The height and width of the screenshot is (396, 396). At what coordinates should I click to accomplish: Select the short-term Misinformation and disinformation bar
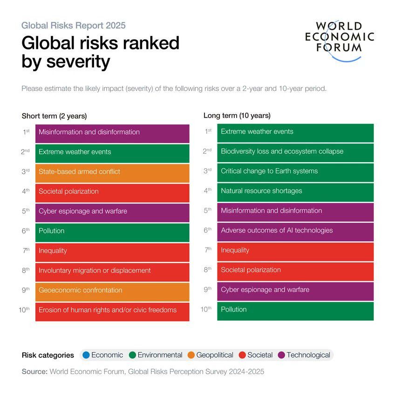112,133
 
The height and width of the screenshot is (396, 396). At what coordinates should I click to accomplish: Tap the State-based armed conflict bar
112,172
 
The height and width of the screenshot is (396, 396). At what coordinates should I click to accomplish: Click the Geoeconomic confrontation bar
112,291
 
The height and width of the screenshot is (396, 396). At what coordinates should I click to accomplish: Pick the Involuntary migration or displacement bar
112,271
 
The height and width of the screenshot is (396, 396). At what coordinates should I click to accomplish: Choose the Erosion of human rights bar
112,311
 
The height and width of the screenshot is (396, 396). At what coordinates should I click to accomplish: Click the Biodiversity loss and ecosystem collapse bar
295,152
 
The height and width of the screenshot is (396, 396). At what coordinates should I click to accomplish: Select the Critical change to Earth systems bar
295,171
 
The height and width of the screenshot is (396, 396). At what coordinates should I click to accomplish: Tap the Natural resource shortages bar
295,191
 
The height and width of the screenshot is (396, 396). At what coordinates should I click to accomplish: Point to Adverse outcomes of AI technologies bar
295,231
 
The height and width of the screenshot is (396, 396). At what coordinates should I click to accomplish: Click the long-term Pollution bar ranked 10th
295,310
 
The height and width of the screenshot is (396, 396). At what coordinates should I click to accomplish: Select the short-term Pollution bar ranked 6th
112,232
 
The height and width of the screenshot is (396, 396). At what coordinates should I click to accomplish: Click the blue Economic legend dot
86,355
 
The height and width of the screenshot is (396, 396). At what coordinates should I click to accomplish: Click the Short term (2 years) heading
54,116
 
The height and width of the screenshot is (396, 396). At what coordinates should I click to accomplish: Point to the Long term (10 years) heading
237,116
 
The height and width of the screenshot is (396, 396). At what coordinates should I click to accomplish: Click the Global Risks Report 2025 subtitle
73,26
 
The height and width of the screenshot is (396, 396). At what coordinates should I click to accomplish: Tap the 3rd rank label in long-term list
208,171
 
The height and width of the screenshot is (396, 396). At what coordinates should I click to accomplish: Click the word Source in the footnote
34,372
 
